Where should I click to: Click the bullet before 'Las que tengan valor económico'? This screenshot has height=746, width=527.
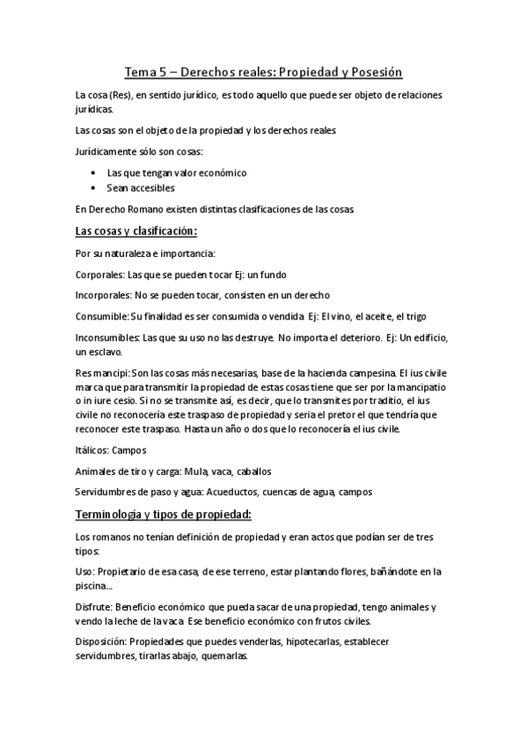click(95, 173)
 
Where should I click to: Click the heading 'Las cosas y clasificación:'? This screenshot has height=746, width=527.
click(136, 231)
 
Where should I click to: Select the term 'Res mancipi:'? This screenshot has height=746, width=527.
click(103, 372)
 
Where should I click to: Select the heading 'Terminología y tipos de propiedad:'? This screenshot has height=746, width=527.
click(165, 514)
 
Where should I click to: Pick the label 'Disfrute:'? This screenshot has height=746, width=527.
click(96, 608)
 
